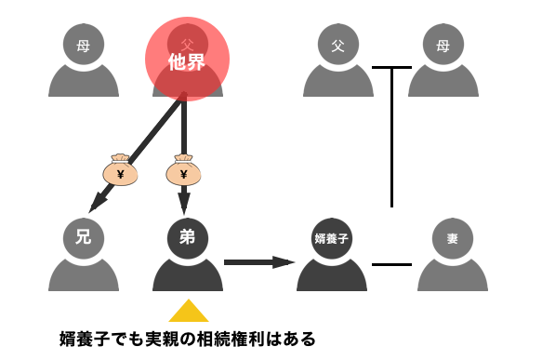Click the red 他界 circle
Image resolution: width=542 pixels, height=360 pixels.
(188, 60)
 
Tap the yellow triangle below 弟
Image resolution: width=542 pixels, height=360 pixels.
(189, 311)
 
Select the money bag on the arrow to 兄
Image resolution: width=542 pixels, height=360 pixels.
(120, 170)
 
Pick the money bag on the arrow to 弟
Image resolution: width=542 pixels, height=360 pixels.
(183, 170)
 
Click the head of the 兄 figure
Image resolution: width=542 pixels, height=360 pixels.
(84, 238)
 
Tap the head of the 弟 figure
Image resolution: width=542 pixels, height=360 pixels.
(188, 238)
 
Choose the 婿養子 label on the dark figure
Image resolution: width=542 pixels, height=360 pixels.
(332, 239)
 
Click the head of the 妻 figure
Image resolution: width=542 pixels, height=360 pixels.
(453, 238)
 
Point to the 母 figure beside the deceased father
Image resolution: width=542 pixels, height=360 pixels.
(84, 60)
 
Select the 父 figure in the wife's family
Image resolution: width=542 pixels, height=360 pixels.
(338, 60)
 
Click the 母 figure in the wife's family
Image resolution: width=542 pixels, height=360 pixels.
(443, 60)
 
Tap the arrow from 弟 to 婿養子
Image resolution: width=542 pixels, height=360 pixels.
(259, 262)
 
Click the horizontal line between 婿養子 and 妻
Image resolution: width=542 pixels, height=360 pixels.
(392, 264)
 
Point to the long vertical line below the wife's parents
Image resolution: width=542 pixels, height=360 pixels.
(391, 138)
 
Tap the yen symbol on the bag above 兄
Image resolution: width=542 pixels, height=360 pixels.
(120, 175)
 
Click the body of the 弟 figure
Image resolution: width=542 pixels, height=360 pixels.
(188, 276)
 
